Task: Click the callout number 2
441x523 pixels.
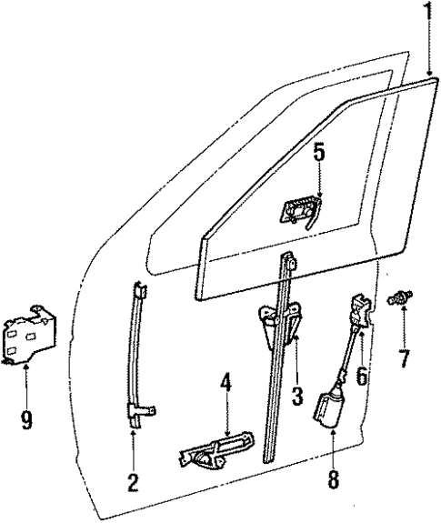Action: (133, 483)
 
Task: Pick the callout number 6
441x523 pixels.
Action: (362, 373)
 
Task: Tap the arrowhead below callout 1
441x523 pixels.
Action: (425, 71)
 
